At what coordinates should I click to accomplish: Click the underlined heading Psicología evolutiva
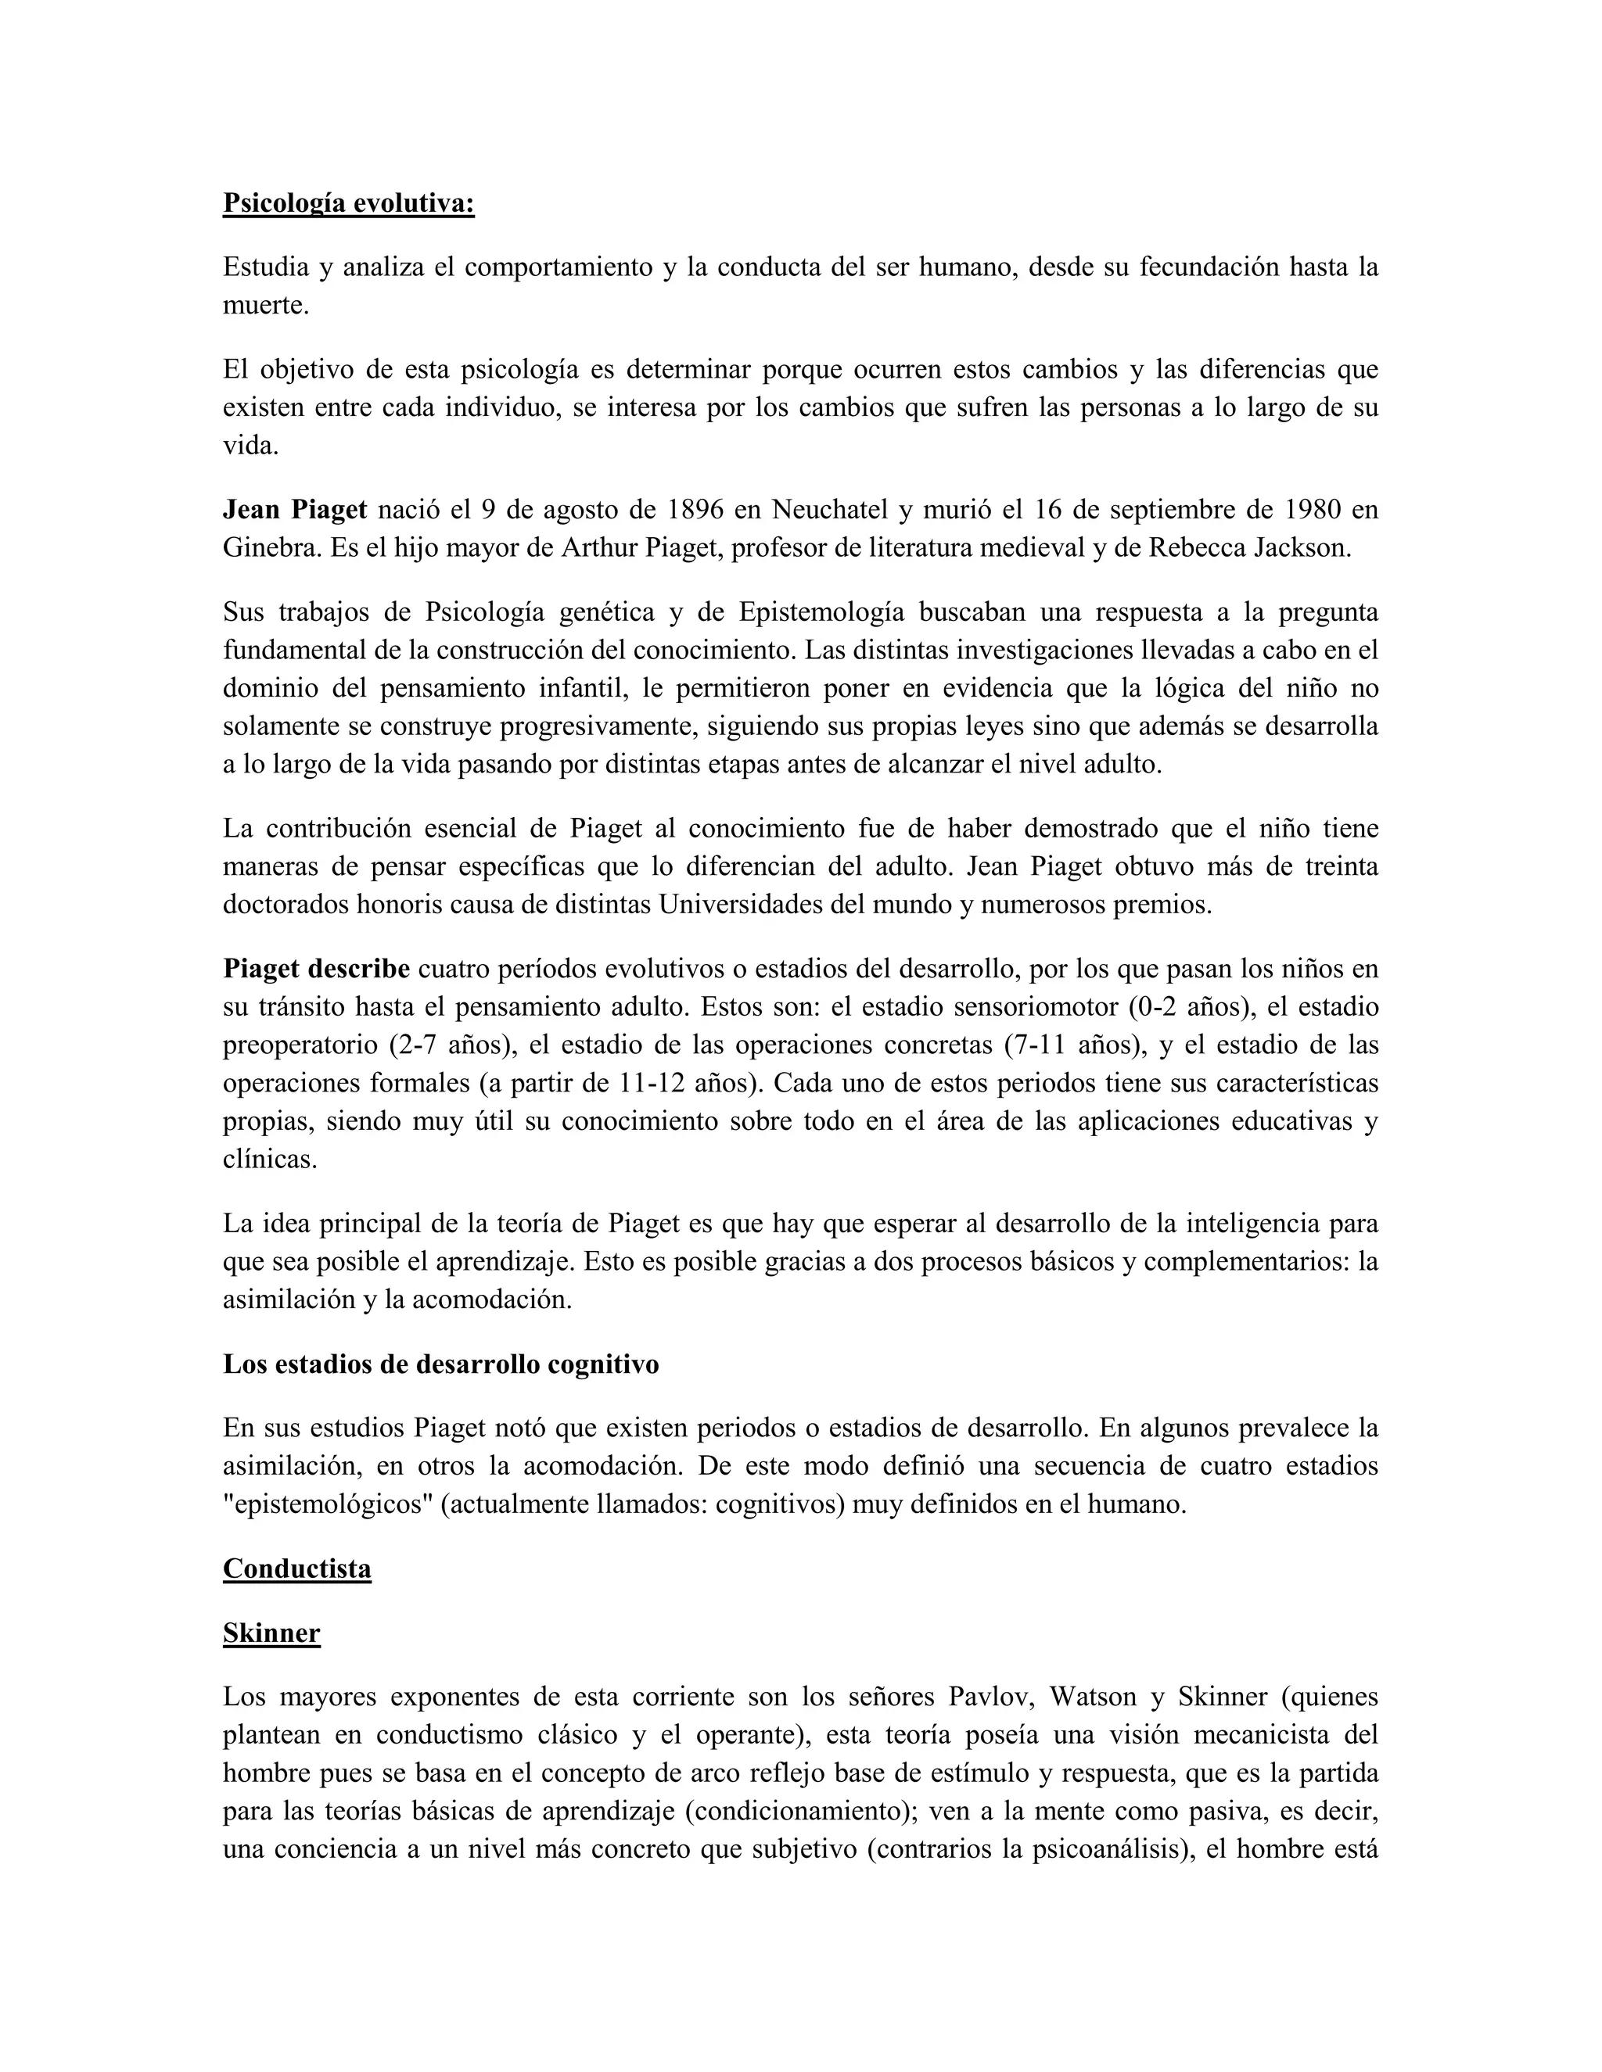(348, 203)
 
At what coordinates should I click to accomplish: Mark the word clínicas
(270, 1159)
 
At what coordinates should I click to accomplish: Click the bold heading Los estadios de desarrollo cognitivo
(440, 1364)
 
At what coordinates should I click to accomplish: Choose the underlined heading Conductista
(297, 1568)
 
